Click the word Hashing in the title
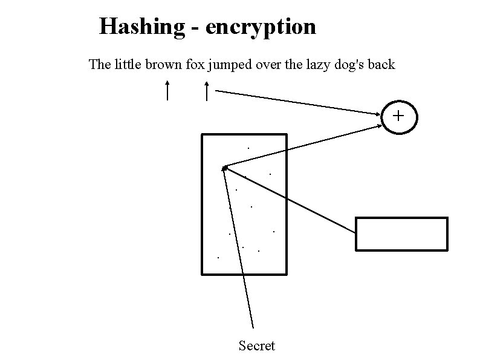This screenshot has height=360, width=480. (x=142, y=27)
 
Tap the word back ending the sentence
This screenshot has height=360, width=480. (x=381, y=64)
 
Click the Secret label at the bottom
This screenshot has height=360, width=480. (x=256, y=346)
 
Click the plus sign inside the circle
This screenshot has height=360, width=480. (x=398, y=115)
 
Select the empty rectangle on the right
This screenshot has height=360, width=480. (x=401, y=234)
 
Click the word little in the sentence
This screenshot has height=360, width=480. (x=126, y=64)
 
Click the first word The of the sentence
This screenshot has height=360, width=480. (x=99, y=64)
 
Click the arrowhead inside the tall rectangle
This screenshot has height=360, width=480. (x=225, y=168)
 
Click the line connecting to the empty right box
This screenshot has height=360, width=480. (x=290, y=199)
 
